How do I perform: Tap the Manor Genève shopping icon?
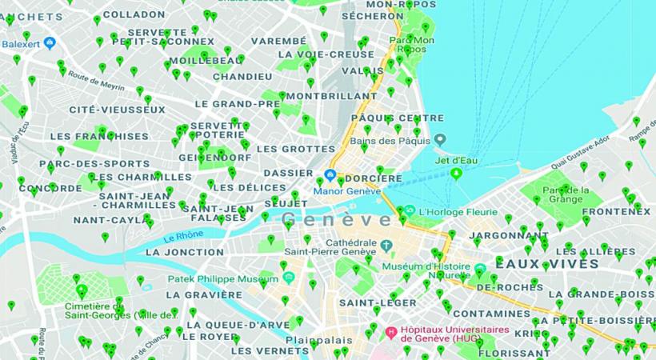coord(329,177)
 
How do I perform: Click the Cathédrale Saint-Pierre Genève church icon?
coord(386,244)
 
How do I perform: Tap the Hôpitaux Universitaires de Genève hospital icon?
coord(391,332)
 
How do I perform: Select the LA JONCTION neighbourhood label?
coord(185,252)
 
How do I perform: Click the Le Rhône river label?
coord(180,237)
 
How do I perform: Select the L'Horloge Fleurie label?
coord(447,211)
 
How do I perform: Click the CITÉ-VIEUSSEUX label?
coord(117,109)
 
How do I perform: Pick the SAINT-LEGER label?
coord(366,303)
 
